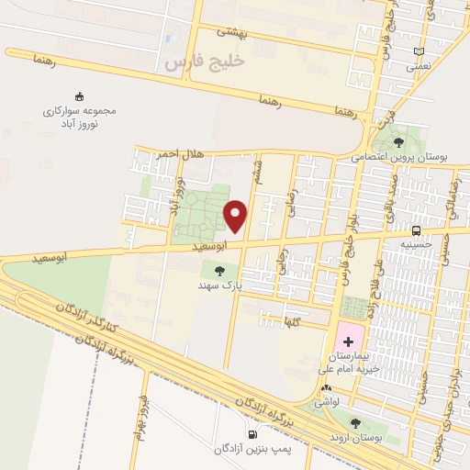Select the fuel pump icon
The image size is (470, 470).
point(252,434)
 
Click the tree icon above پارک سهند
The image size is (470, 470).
point(218,270)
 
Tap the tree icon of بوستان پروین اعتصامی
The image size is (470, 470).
point(399,142)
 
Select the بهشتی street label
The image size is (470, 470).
point(232,31)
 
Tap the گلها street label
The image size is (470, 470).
point(294,321)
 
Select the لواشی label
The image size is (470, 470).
point(326,402)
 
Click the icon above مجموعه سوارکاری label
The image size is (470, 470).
point(79,95)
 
